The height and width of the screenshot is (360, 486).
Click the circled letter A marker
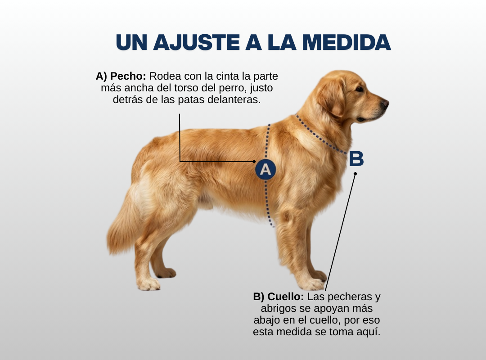click(x=265, y=170)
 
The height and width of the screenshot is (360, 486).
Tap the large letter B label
click(x=356, y=159)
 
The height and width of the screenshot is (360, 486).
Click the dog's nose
click(x=385, y=103)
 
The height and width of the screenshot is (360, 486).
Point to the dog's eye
click(x=360, y=89)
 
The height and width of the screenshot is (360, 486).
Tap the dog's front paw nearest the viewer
click(x=311, y=283)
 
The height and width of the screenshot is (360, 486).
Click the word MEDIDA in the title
click(x=346, y=42)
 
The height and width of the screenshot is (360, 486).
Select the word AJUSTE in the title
click(x=197, y=42)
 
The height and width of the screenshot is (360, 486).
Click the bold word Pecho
click(x=128, y=76)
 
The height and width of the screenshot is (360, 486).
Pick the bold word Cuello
click(x=285, y=297)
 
